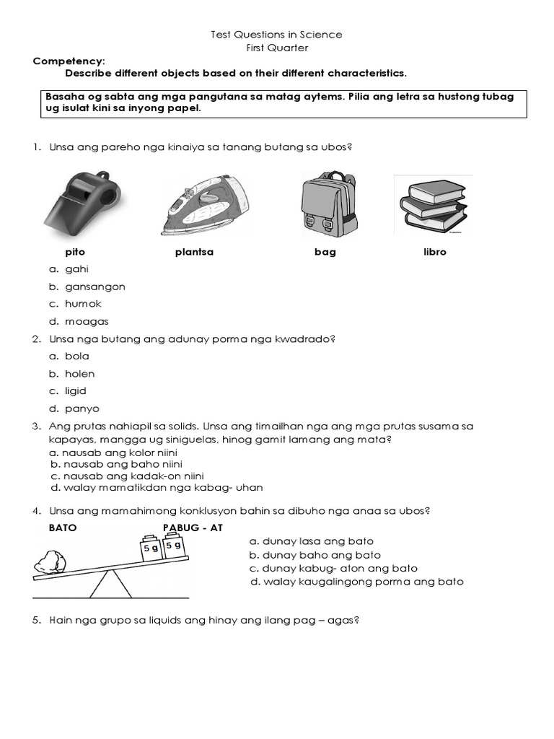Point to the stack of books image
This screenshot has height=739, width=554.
434,204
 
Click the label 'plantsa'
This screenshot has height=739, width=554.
194,253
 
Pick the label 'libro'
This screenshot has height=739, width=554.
435,253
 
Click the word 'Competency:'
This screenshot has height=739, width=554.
69,61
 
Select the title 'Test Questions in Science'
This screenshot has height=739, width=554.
276,35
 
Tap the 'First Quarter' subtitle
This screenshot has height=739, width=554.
277,48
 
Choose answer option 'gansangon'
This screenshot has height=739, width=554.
94,287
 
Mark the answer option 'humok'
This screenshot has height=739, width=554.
83,304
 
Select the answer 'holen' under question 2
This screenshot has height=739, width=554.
79,374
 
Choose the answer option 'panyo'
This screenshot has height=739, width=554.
82,408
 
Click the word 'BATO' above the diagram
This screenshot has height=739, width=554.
63,528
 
